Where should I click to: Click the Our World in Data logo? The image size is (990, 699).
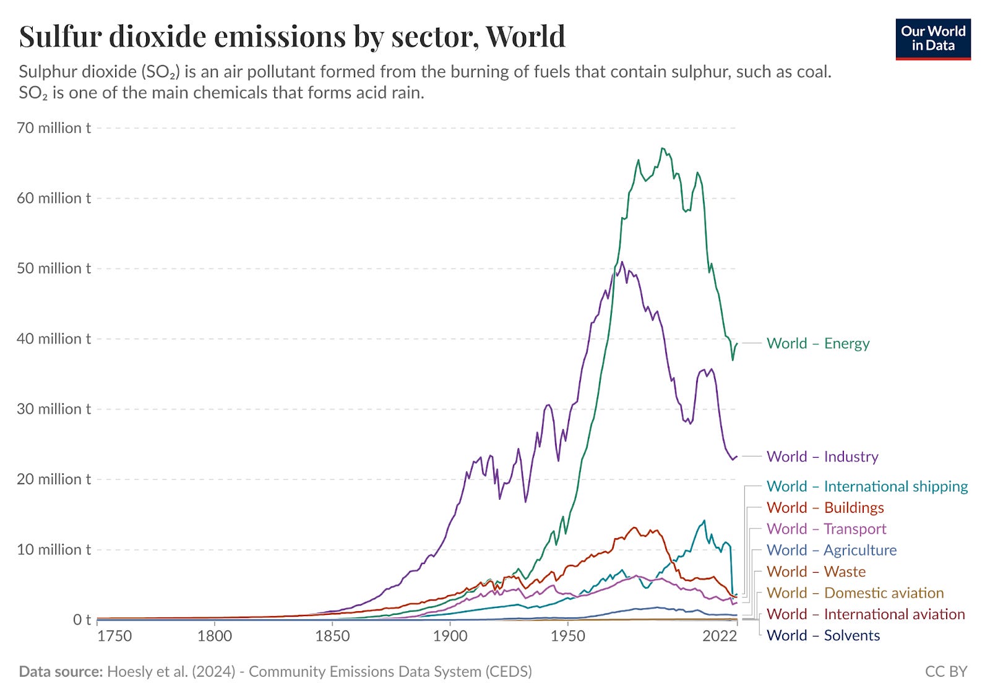click(932, 39)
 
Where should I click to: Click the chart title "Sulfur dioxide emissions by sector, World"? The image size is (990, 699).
click(292, 36)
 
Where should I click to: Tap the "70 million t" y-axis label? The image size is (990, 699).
click(54, 128)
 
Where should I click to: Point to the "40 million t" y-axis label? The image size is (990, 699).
click(54, 339)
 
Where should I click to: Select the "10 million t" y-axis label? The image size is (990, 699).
click(54, 549)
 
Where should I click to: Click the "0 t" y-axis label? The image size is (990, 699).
click(82, 619)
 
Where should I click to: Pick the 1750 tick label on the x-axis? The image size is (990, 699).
click(114, 636)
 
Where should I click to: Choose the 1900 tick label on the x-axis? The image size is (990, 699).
click(450, 636)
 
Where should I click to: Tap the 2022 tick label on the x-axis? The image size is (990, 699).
click(719, 636)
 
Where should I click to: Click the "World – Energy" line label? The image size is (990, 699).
click(818, 343)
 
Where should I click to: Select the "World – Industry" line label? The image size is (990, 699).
click(822, 457)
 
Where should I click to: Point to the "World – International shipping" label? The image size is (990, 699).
click(867, 486)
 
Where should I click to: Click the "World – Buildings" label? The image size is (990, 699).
click(825, 508)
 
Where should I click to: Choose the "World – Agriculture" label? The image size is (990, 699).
click(831, 550)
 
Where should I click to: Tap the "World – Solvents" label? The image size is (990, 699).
click(823, 635)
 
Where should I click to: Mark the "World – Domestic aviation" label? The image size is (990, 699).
click(855, 593)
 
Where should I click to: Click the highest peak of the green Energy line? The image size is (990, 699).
click(662, 148)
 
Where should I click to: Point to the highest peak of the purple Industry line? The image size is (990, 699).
click(622, 262)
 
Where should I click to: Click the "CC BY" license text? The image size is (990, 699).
click(945, 672)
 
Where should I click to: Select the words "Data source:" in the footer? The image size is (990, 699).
click(61, 672)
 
